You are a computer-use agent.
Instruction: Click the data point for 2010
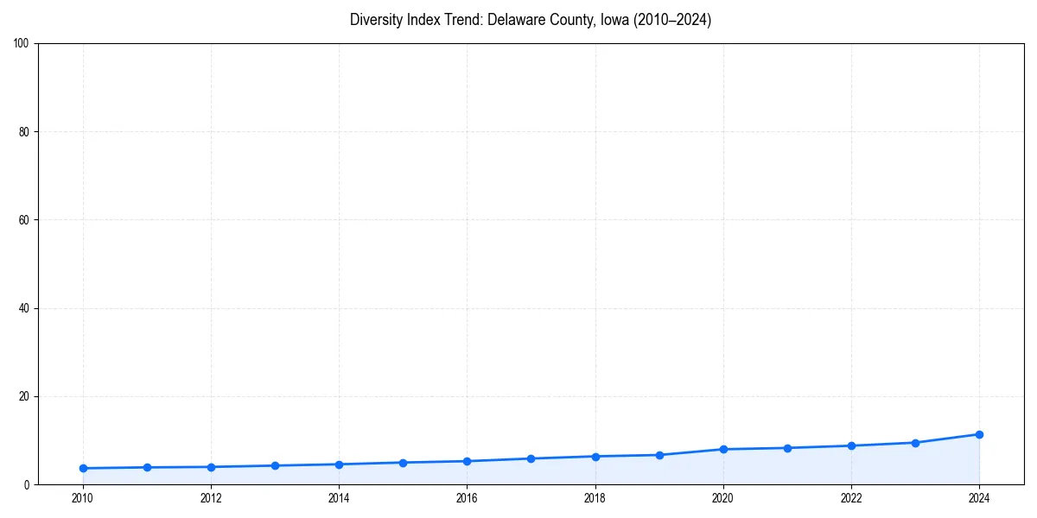(x=83, y=468)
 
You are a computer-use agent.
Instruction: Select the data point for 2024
(x=979, y=434)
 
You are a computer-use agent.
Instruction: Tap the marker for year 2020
(x=723, y=449)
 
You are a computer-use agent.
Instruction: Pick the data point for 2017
(x=531, y=458)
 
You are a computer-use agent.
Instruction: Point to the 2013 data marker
(x=275, y=465)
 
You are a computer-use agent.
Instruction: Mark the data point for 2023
(x=915, y=443)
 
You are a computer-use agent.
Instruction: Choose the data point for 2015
(x=403, y=463)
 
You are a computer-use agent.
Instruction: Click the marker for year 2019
(x=659, y=455)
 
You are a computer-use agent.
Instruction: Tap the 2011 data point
(x=147, y=467)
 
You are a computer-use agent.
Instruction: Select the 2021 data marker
(x=787, y=448)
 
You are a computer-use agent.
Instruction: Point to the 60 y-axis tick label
(x=24, y=220)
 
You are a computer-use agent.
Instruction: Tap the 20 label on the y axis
(x=24, y=396)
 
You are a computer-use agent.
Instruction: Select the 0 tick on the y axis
(x=27, y=485)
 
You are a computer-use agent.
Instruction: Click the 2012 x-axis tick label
(x=211, y=498)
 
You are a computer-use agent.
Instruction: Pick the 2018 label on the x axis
(x=595, y=498)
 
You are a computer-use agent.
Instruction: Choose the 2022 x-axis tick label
(x=851, y=498)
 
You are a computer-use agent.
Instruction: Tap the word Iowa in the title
(x=612, y=20)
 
